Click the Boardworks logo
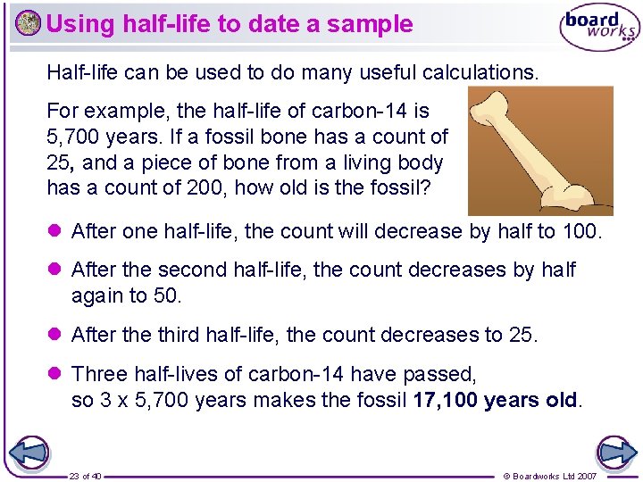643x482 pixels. click(599, 28)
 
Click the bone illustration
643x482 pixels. click(536, 150)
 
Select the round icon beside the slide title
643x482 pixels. click(28, 23)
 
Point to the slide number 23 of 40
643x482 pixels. click(85, 476)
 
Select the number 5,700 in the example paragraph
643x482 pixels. click(73, 137)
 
